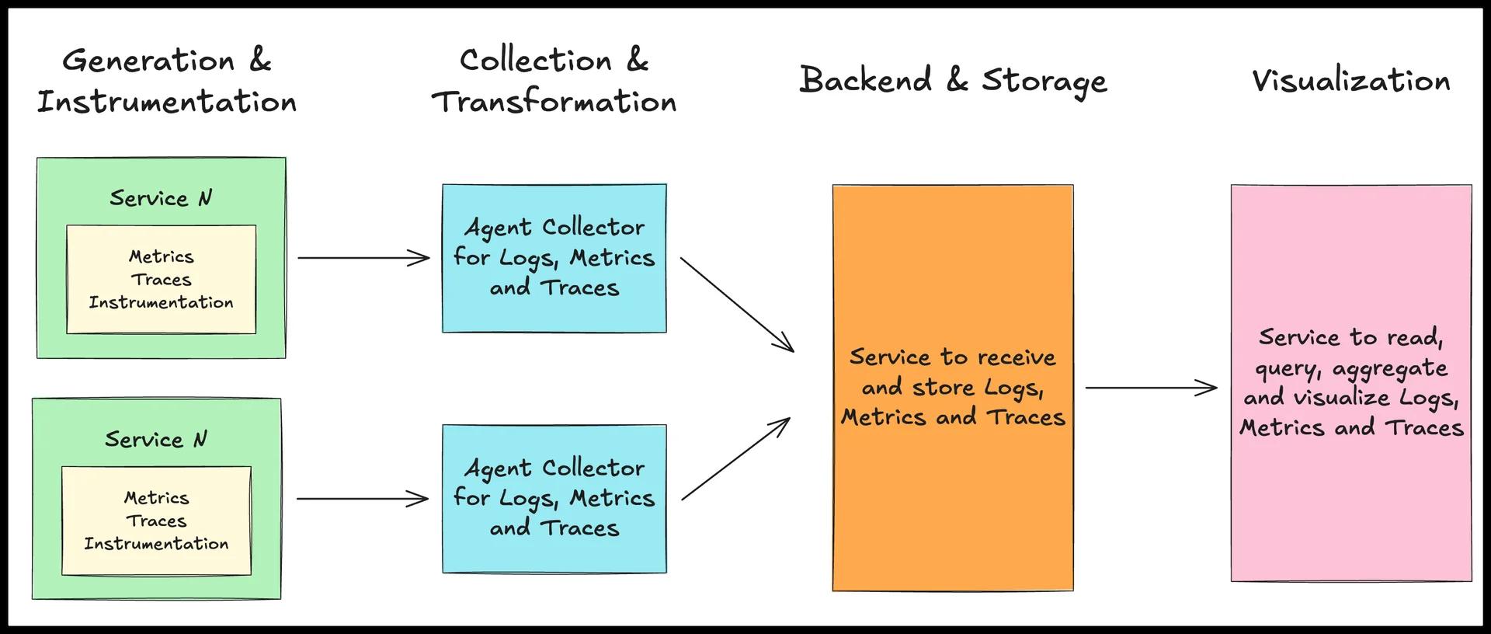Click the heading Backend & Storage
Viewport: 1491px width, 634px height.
[x=953, y=81]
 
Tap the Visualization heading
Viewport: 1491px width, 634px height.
[x=1350, y=81]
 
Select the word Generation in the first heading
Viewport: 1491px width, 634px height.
[x=148, y=61]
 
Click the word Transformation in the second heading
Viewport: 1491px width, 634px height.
[x=554, y=102]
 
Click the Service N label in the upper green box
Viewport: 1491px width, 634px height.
[x=161, y=198]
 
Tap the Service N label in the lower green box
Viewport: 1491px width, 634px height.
[x=156, y=439]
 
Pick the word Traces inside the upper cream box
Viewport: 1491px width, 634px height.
[x=161, y=279]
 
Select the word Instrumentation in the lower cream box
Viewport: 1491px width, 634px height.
[x=156, y=543]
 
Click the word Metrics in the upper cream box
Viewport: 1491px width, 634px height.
[x=161, y=256]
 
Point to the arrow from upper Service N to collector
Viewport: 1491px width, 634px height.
[x=363, y=258]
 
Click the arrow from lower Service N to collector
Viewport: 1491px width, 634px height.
[x=362, y=499]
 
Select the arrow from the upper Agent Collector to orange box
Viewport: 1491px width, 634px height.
[x=736, y=304]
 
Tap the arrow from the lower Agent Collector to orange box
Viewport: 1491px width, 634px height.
[x=735, y=459]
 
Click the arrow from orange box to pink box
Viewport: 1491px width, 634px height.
[x=1150, y=387]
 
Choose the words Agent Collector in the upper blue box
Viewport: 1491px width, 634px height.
[x=554, y=227]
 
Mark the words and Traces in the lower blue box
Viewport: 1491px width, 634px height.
[x=554, y=528]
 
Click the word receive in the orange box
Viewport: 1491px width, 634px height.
[x=1017, y=357]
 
